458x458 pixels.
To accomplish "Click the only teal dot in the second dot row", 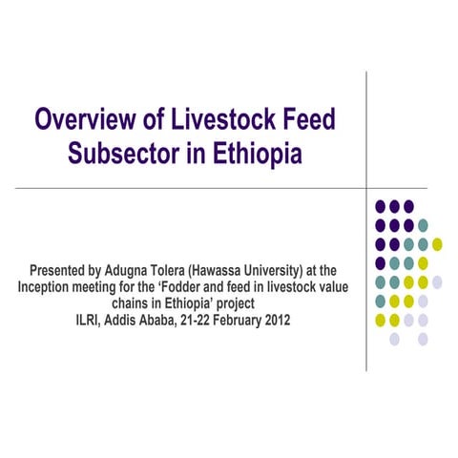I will point(423,225).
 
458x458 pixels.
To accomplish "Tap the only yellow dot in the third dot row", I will point(437,244).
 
